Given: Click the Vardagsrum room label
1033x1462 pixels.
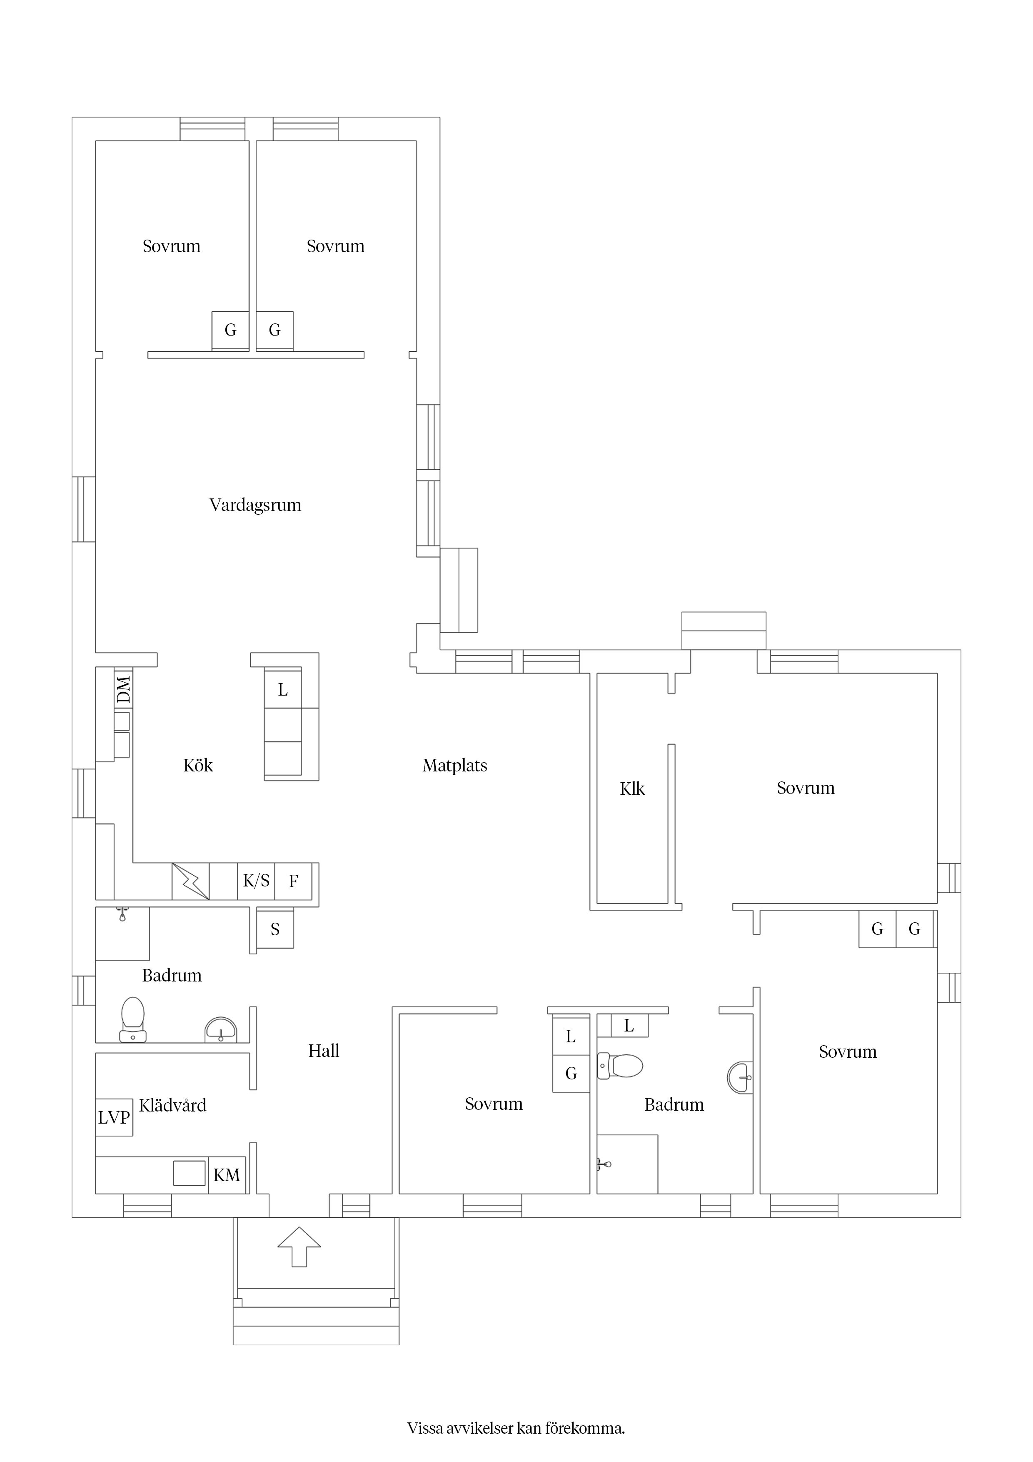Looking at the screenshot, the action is pos(255,506).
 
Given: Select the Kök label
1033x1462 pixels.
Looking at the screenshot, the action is pos(198,766).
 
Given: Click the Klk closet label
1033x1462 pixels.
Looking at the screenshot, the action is pos(632,789).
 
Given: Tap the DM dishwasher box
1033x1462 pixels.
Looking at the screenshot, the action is pos(123,689).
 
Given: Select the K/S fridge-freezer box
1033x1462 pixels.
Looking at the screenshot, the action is pos(257,881).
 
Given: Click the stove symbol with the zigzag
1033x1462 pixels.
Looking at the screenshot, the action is pos(191,881).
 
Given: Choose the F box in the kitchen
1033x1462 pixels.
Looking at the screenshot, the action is pos(293,881).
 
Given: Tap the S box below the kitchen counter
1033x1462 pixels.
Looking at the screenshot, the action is pos(275,930).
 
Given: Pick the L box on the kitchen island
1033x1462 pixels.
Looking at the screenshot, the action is pos(282,690).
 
